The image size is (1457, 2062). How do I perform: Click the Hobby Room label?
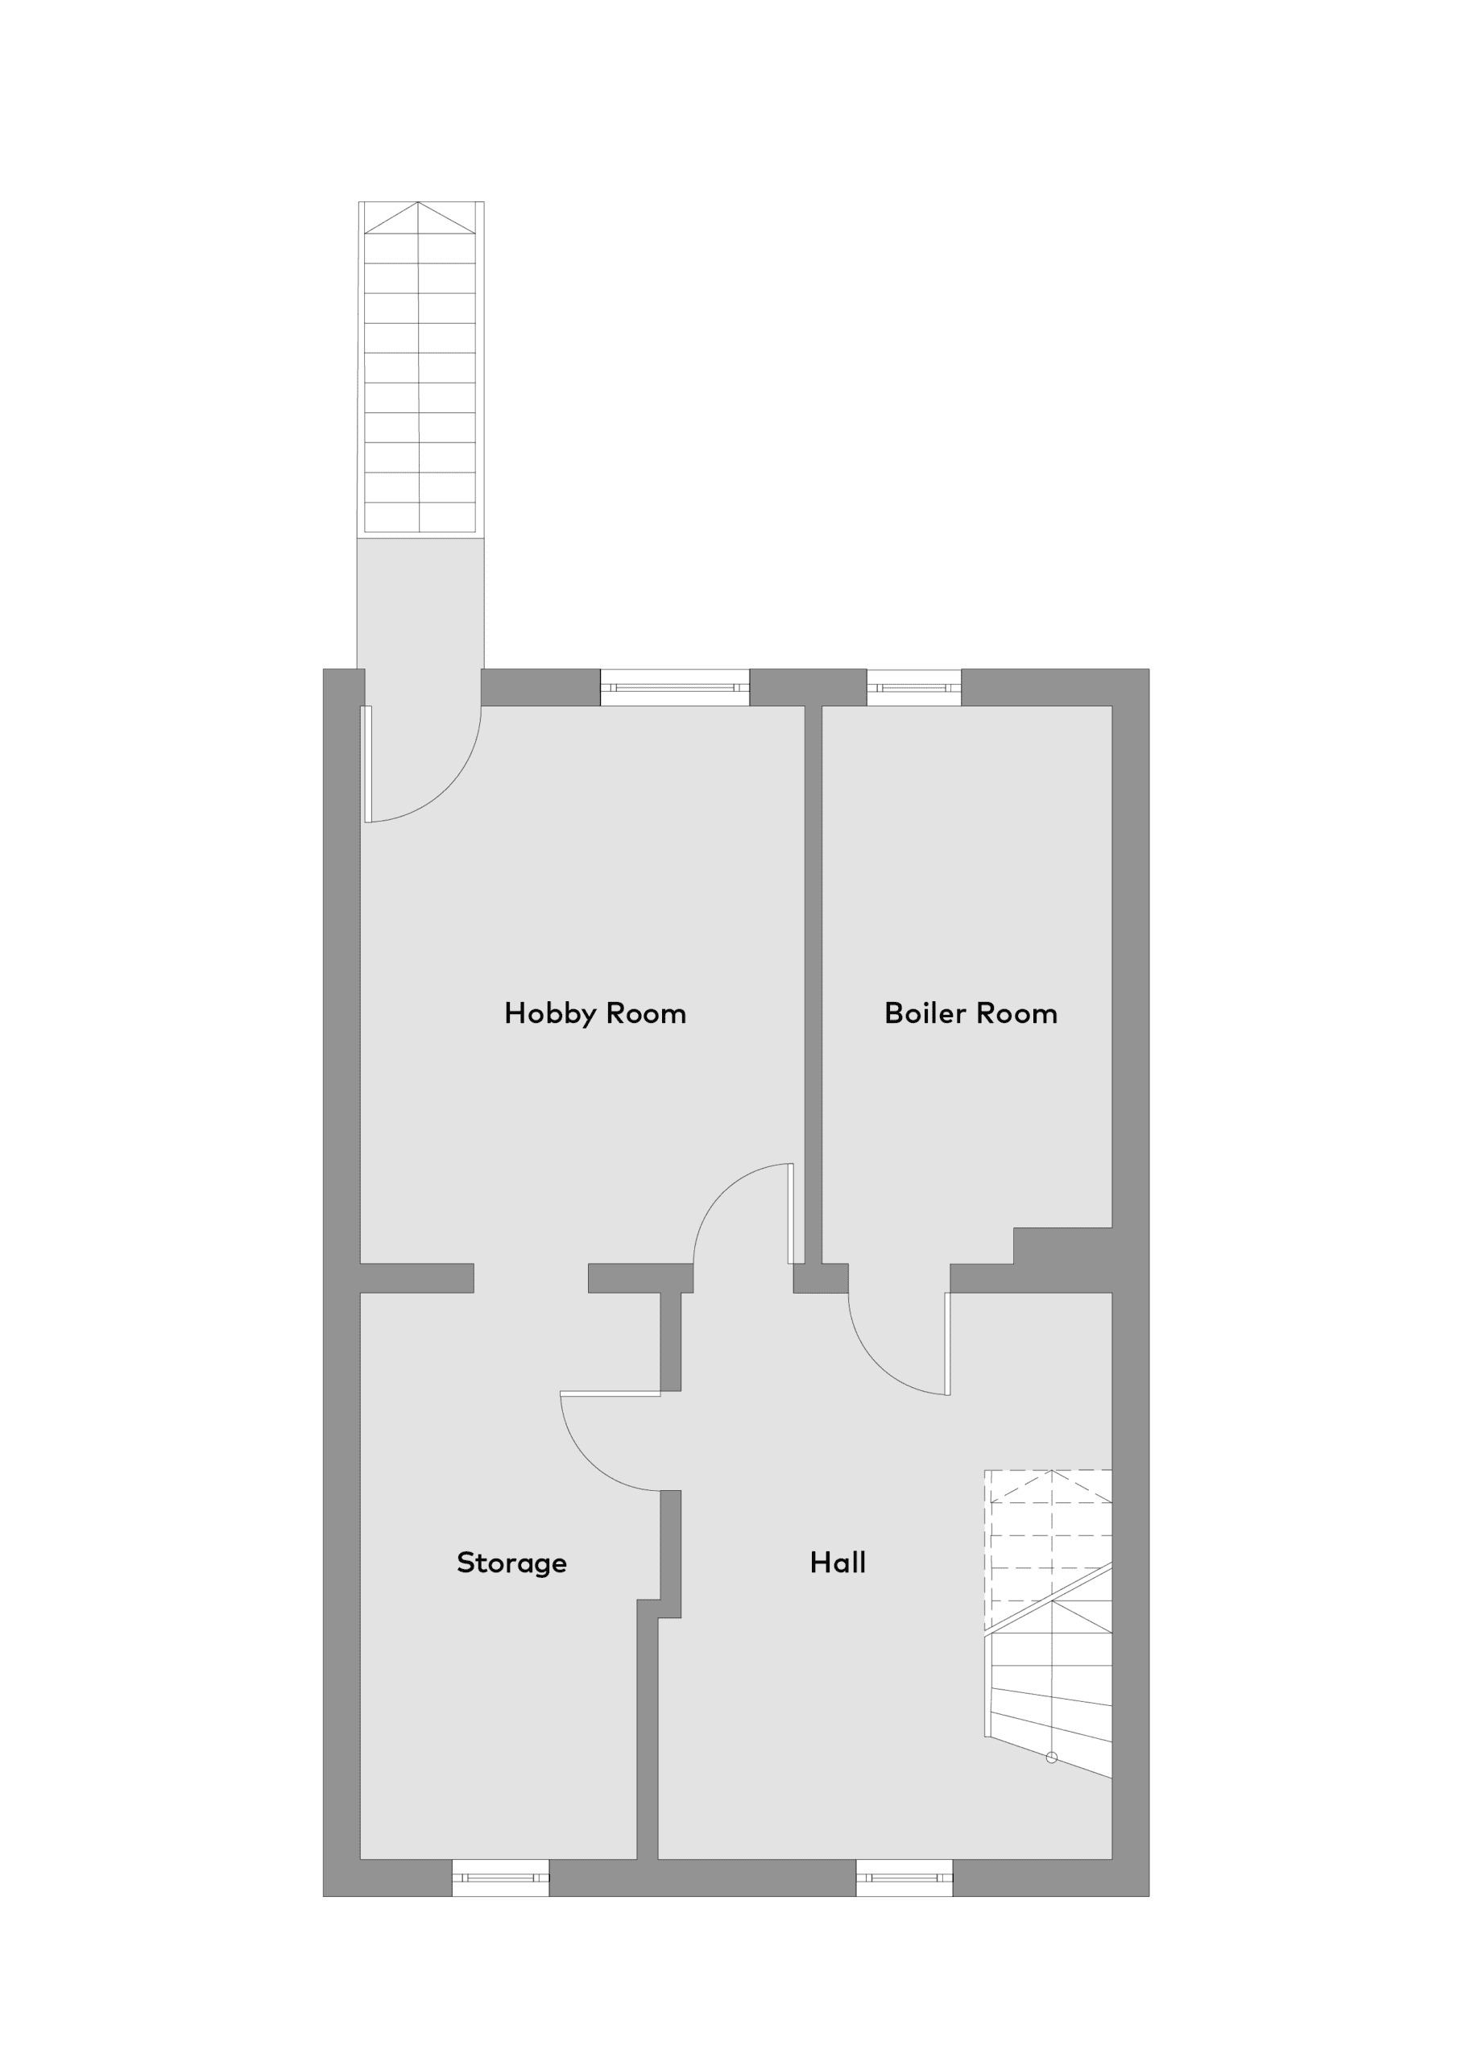tap(594, 1014)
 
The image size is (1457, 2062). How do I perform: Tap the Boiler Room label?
tap(971, 1014)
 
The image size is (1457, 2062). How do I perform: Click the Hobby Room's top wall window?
tap(675, 688)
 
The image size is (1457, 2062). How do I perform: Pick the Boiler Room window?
tap(913, 688)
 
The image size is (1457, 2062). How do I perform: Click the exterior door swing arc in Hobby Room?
tap(447, 789)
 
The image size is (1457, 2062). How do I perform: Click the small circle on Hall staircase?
tap(1052, 1758)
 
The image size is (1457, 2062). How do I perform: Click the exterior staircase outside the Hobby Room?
tap(420, 368)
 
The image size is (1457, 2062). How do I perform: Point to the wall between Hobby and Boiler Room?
tap(813, 985)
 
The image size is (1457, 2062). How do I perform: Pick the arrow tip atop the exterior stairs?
tap(419, 203)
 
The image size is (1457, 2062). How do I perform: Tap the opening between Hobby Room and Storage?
tap(531, 1278)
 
